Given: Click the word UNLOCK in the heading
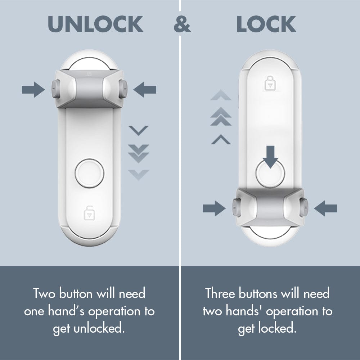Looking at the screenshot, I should click(x=95, y=24).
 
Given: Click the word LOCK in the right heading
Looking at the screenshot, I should click(x=266, y=24).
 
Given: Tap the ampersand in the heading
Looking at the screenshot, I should click(x=182, y=24).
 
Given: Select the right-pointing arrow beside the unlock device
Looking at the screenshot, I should click(x=33, y=90).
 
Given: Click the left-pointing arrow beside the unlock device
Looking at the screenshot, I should click(x=145, y=90).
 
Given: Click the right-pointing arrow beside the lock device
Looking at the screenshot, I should click(x=214, y=208).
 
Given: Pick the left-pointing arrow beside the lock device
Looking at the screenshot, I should click(x=325, y=208).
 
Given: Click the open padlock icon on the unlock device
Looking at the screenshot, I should click(x=89, y=213).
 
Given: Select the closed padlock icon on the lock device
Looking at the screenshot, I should click(x=269, y=84).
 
